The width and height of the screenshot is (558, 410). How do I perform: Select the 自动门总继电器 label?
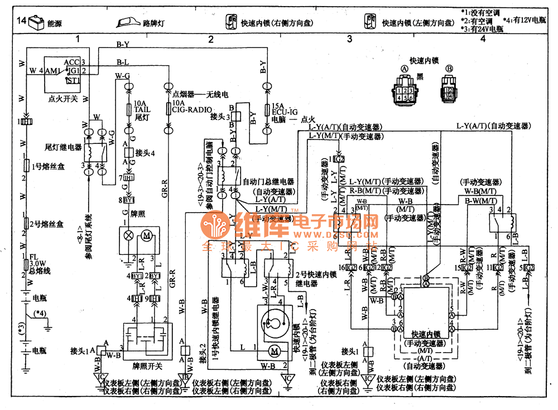pyautogui.click(x=268, y=182)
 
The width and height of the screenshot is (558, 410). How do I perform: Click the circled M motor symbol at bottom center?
pyautogui.click(x=274, y=350)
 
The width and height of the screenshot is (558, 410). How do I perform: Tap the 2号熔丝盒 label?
pyautogui.click(x=48, y=224)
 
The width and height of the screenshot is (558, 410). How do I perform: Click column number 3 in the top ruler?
pyautogui.click(x=349, y=39)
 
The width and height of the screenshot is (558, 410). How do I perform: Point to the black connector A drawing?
pyautogui.click(x=403, y=91)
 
